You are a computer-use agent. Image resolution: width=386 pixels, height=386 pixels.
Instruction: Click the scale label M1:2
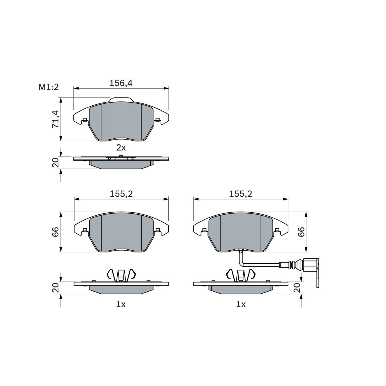[x=49, y=87]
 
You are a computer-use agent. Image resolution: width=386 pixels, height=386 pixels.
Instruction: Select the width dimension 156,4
[x=121, y=83]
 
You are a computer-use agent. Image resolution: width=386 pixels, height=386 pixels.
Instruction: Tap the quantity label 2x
[x=121, y=148]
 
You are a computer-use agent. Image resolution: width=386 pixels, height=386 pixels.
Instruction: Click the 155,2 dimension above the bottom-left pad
[x=121, y=194]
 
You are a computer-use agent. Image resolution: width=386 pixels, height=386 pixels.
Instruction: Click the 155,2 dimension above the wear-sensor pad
[x=241, y=194]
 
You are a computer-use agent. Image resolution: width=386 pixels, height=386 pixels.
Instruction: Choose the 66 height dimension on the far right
[x=301, y=232]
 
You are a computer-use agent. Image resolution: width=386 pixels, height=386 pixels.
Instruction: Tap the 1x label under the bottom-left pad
[x=121, y=304]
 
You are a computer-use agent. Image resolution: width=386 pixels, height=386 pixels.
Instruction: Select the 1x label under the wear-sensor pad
[x=241, y=304]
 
